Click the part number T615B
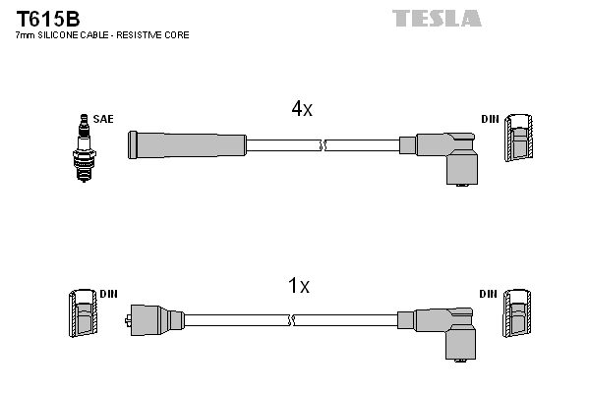[48, 18]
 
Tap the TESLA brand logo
[437, 18]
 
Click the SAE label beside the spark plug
[103, 119]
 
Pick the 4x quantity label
[302, 110]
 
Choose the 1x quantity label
[298, 286]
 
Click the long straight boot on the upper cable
[187, 144]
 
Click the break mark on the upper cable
[323, 145]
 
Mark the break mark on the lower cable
[294, 320]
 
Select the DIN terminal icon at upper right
[520, 140]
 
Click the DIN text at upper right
[490, 119]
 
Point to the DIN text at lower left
[108, 294]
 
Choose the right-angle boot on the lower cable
[448, 330]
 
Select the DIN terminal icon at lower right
[516, 316]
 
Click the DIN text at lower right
[489, 294]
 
